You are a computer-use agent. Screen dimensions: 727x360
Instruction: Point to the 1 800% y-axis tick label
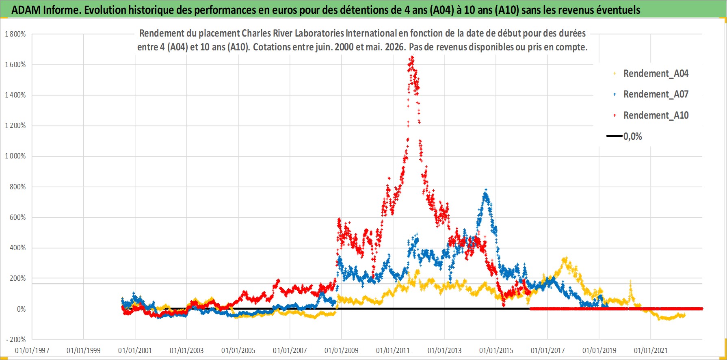pos(15,34)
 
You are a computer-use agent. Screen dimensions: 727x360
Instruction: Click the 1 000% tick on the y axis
pos(15,156)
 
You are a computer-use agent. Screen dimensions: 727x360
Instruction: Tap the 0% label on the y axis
pos(21,309)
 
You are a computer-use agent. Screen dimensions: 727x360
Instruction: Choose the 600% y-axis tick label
pos(18,217)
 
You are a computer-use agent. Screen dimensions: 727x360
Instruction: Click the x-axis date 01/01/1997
pos(32,350)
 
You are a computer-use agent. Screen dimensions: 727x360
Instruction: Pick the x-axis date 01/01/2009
pos(342,350)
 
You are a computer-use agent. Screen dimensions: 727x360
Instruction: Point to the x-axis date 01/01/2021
pos(651,350)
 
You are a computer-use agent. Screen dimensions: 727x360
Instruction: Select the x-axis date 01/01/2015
pos(496,350)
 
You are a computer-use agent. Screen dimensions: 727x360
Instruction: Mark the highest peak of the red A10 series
pos(412,58)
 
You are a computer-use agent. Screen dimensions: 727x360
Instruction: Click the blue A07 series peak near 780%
pos(486,189)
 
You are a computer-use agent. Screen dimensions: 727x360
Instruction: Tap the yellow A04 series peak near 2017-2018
pos(565,258)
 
